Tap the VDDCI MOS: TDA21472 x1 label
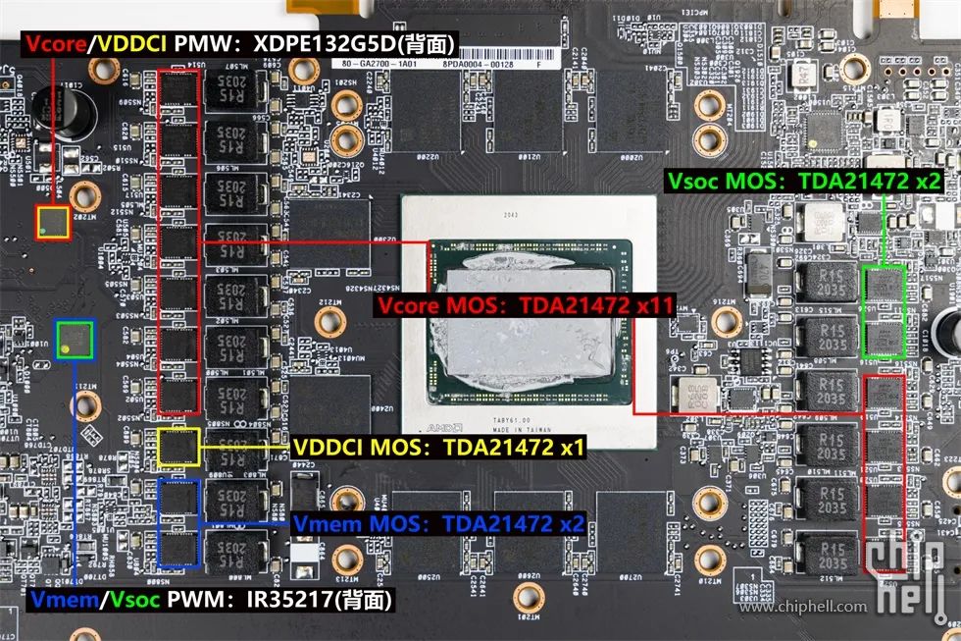point(439,449)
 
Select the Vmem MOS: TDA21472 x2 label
point(439,523)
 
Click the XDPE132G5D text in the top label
point(329,45)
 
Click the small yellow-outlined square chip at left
point(53,223)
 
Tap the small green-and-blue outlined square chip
point(75,340)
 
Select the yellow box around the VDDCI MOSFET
point(178,448)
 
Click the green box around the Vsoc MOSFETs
point(883,311)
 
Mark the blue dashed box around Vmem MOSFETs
point(178,523)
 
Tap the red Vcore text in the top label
point(51,45)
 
